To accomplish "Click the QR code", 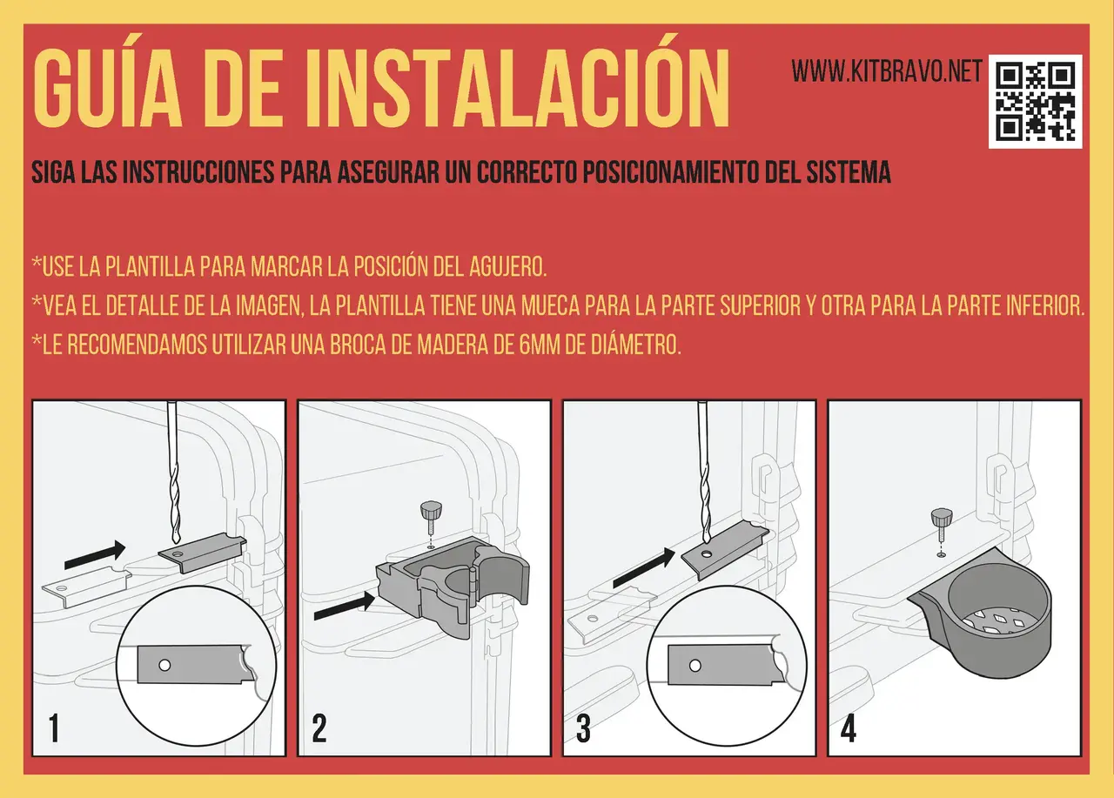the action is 1035,102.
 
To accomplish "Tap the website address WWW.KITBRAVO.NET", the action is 887,70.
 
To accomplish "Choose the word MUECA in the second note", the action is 551,305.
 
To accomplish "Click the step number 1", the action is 54,728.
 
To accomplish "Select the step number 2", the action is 319,728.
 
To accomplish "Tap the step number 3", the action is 583,728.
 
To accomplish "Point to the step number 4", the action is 849,728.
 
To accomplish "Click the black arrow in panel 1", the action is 95,555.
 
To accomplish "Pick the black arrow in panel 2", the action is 345,606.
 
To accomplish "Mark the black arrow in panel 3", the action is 644,567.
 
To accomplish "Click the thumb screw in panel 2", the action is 431,519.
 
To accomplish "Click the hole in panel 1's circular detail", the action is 164,665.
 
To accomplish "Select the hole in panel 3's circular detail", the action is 695,666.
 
